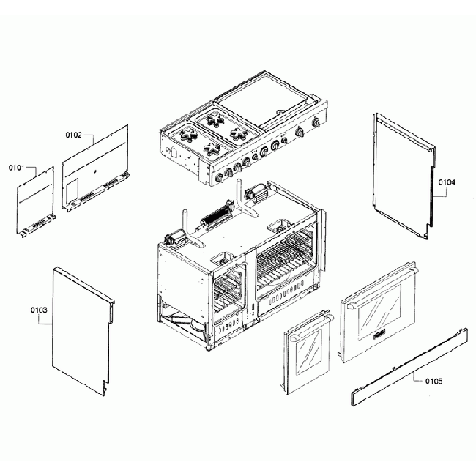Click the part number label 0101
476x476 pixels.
pos(17,168)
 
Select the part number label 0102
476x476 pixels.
pos(73,135)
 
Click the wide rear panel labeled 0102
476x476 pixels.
pos(95,168)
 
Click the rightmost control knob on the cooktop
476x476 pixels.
pos(317,122)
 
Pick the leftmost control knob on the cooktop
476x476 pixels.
pos(217,177)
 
